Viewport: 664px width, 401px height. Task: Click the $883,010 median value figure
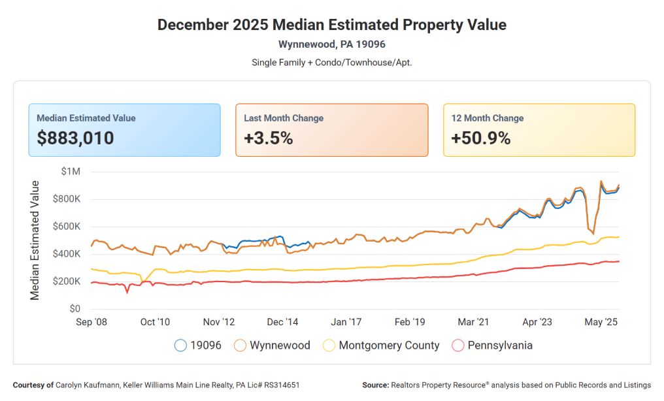(75, 138)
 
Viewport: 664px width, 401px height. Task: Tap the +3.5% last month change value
(269, 138)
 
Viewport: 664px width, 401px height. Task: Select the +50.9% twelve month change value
(480, 138)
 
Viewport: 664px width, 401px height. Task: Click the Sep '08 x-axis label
(91, 322)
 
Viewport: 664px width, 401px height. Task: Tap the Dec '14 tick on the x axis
(283, 322)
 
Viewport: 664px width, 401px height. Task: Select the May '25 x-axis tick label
(601, 322)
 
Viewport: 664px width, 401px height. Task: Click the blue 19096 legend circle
(181, 345)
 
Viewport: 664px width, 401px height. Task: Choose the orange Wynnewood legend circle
(241, 345)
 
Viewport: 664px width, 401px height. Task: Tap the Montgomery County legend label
(389, 345)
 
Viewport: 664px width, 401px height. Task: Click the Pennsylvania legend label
(500, 345)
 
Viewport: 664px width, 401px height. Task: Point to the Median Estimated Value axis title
(35, 240)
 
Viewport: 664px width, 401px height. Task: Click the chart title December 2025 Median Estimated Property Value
(332, 25)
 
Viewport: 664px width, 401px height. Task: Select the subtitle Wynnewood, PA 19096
(332, 44)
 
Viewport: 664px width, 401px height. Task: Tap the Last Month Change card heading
(284, 118)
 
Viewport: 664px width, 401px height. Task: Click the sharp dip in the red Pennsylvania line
(127, 292)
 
